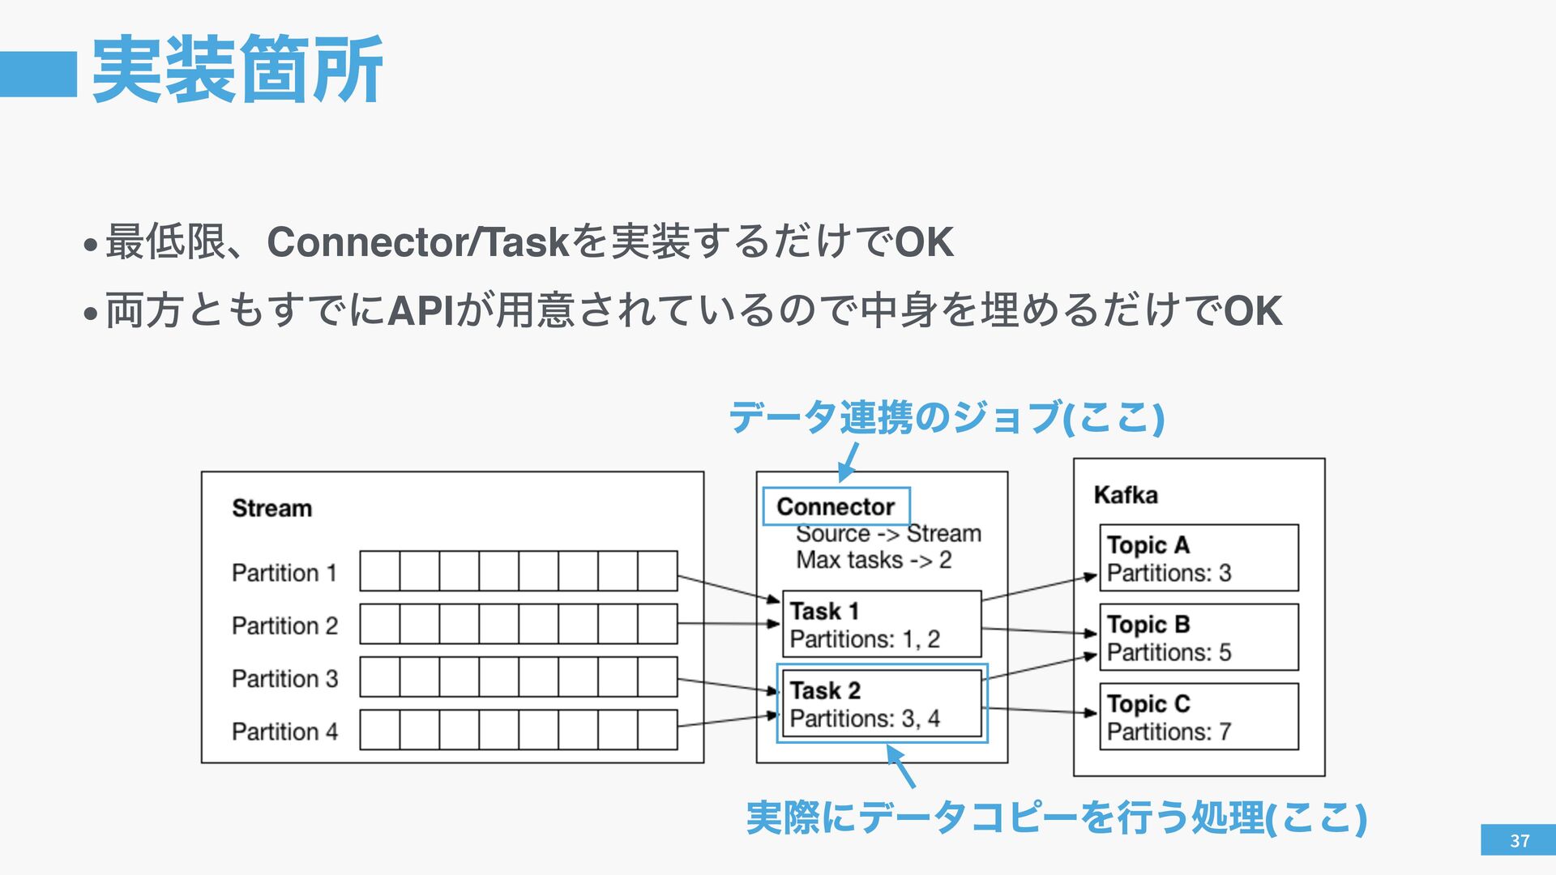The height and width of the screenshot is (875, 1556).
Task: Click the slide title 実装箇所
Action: (237, 70)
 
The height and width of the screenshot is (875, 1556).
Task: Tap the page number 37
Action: (1519, 840)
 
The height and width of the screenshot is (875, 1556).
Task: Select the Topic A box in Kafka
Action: (1199, 558)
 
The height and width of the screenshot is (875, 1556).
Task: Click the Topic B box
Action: (1199, 638)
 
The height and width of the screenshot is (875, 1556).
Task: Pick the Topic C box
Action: (1199, 717)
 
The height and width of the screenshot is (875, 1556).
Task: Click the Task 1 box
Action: (881, 624)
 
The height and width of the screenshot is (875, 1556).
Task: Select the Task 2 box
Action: (881, 703)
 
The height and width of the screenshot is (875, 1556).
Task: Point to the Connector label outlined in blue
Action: (836, 506)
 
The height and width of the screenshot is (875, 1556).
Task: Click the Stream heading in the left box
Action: (271, 508)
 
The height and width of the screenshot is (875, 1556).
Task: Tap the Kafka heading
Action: (1125, 495)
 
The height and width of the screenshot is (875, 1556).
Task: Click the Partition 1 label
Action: (284, 573)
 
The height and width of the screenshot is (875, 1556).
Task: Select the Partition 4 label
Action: (284, 732)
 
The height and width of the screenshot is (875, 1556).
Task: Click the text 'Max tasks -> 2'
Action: (873, 560)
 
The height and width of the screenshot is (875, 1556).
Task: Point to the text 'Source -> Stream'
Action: (887, 534)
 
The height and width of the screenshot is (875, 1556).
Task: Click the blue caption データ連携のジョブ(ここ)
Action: (946, 417)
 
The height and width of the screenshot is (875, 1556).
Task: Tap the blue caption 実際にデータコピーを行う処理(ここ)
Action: (1056, 817)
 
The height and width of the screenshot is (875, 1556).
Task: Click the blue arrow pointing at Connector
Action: (848, 463)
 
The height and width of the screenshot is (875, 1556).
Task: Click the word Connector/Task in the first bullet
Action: (418, 241)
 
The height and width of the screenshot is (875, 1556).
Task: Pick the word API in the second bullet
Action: (421, 312)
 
